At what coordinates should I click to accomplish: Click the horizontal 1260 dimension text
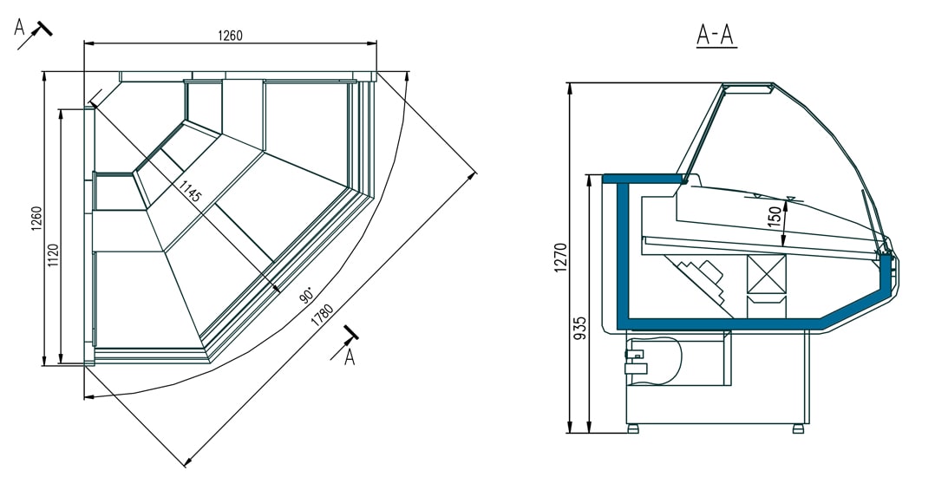[230, 36]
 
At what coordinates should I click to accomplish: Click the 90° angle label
[305, 295]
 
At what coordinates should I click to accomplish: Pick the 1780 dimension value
[322, 317]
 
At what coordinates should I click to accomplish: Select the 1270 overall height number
[559, 258]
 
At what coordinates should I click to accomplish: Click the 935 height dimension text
[580, 329]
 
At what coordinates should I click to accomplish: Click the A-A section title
[716, 35]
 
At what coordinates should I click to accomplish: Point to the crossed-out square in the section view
[766, 274]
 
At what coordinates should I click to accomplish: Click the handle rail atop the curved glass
[748, 88]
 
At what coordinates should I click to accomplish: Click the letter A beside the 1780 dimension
[350, 356]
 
